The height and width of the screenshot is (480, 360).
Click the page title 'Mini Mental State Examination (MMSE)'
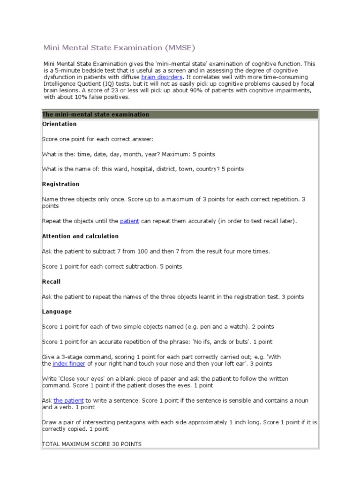[119, 47]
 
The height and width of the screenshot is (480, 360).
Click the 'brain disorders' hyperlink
[162, 77]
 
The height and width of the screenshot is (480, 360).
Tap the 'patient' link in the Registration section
[129, 221]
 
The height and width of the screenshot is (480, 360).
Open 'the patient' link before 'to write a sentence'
[68, 401]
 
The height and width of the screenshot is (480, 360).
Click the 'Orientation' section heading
[60, 124]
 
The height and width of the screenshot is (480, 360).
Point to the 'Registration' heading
[61, 184]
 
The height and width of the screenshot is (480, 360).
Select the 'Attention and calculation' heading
[81, 236]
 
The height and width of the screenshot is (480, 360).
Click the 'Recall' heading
[52, 282]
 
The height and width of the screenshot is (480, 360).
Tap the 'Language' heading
[57, 312]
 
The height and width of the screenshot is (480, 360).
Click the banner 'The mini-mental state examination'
[96, 114]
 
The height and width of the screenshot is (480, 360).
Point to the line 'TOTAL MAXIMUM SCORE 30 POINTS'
[92, 443]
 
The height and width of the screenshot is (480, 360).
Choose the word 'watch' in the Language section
[261, 327]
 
